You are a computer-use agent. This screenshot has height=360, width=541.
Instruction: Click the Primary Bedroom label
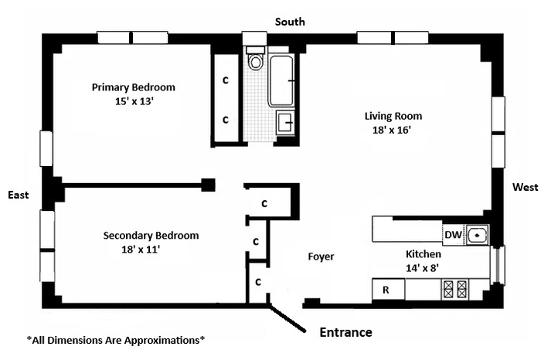[x=134, y=87]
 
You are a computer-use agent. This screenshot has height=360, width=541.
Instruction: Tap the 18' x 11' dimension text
[x=141, y=250]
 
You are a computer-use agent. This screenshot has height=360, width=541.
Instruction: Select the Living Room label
[x=393, y=116]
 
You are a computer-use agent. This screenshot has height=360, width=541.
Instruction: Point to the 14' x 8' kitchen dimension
[x=422, y=268]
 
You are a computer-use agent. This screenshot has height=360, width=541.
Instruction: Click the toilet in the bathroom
[x=256, y=59]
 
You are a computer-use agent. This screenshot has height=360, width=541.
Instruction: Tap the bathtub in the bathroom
[x=282, y=80]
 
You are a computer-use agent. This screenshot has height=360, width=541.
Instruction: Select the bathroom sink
[x=285, y=122]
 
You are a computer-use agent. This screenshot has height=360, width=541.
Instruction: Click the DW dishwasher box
[x=453, y=235]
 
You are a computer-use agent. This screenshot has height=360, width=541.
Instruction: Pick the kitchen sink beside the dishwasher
[x=478, y=235]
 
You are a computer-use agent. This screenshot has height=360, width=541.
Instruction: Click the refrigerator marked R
[x=388, y=289]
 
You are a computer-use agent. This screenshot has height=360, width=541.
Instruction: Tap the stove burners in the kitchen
[x=455, y=289]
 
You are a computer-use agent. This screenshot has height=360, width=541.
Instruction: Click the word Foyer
[x=321, y=257]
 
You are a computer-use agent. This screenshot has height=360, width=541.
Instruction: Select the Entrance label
[x=345, y=332]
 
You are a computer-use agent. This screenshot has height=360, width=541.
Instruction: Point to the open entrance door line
[x=287, y=318]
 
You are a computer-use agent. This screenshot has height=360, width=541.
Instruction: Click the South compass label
[x=290, y=22]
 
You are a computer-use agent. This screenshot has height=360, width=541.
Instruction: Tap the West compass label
[x=525, y=187]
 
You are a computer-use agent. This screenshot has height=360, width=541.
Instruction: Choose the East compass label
[x=19, y=195]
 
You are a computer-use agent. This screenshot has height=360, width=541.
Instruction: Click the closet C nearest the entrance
[x=258, y=283]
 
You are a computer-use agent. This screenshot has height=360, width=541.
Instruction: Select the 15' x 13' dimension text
[x=134, y=101]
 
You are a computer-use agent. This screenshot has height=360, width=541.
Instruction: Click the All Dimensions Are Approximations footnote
[x=116, y=341]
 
